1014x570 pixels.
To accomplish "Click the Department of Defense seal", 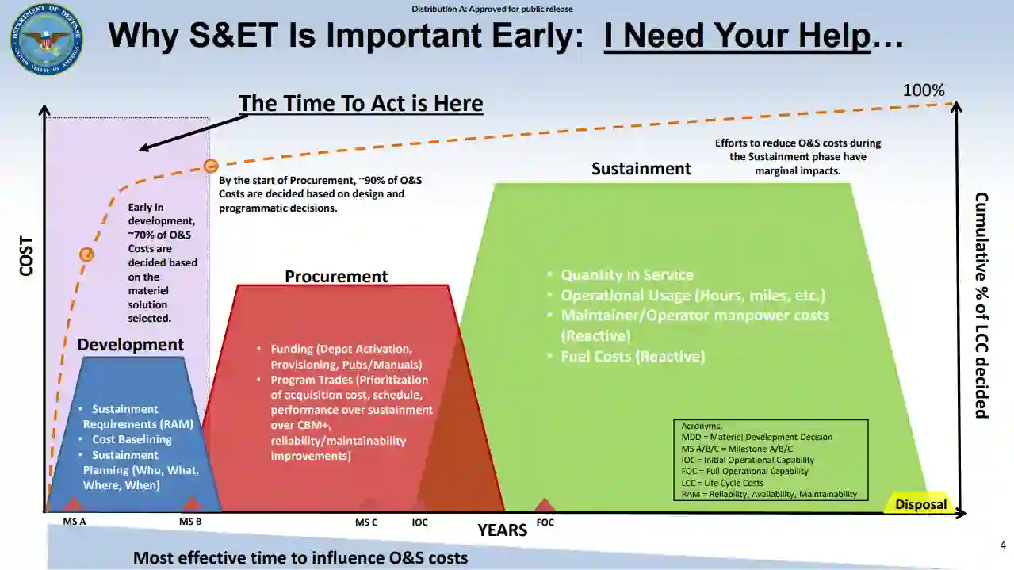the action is (x=47, y=39).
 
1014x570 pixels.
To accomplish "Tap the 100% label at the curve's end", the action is (x=924, y=90).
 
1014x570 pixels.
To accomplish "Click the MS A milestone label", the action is (x=75, y=522).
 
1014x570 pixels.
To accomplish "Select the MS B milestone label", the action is (x=190, y=522).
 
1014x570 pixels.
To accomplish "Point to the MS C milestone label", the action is (x=366, y=522).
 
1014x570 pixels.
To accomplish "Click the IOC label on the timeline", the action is (x=419, y=522).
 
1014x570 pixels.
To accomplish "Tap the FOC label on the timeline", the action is (x=545, y=522).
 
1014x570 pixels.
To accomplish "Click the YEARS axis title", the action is (x=503, y=530).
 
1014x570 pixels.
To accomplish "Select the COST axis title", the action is (x=26, y=256).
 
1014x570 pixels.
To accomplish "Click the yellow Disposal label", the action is (x=920, y=504).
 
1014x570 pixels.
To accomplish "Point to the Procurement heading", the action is (x=336, y=276).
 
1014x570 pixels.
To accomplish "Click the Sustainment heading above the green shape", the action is (x=641, y=168).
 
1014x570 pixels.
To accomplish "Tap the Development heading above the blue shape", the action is (x=130, y=345).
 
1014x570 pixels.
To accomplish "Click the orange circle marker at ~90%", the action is (x=211, y=166).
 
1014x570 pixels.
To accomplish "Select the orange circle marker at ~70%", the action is (x=86, y=254).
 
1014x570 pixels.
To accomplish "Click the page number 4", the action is (x=1003, y=545).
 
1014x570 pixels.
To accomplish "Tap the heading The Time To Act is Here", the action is (x=361, y=103).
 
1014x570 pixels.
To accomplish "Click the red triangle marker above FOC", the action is (x=545, y=505).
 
